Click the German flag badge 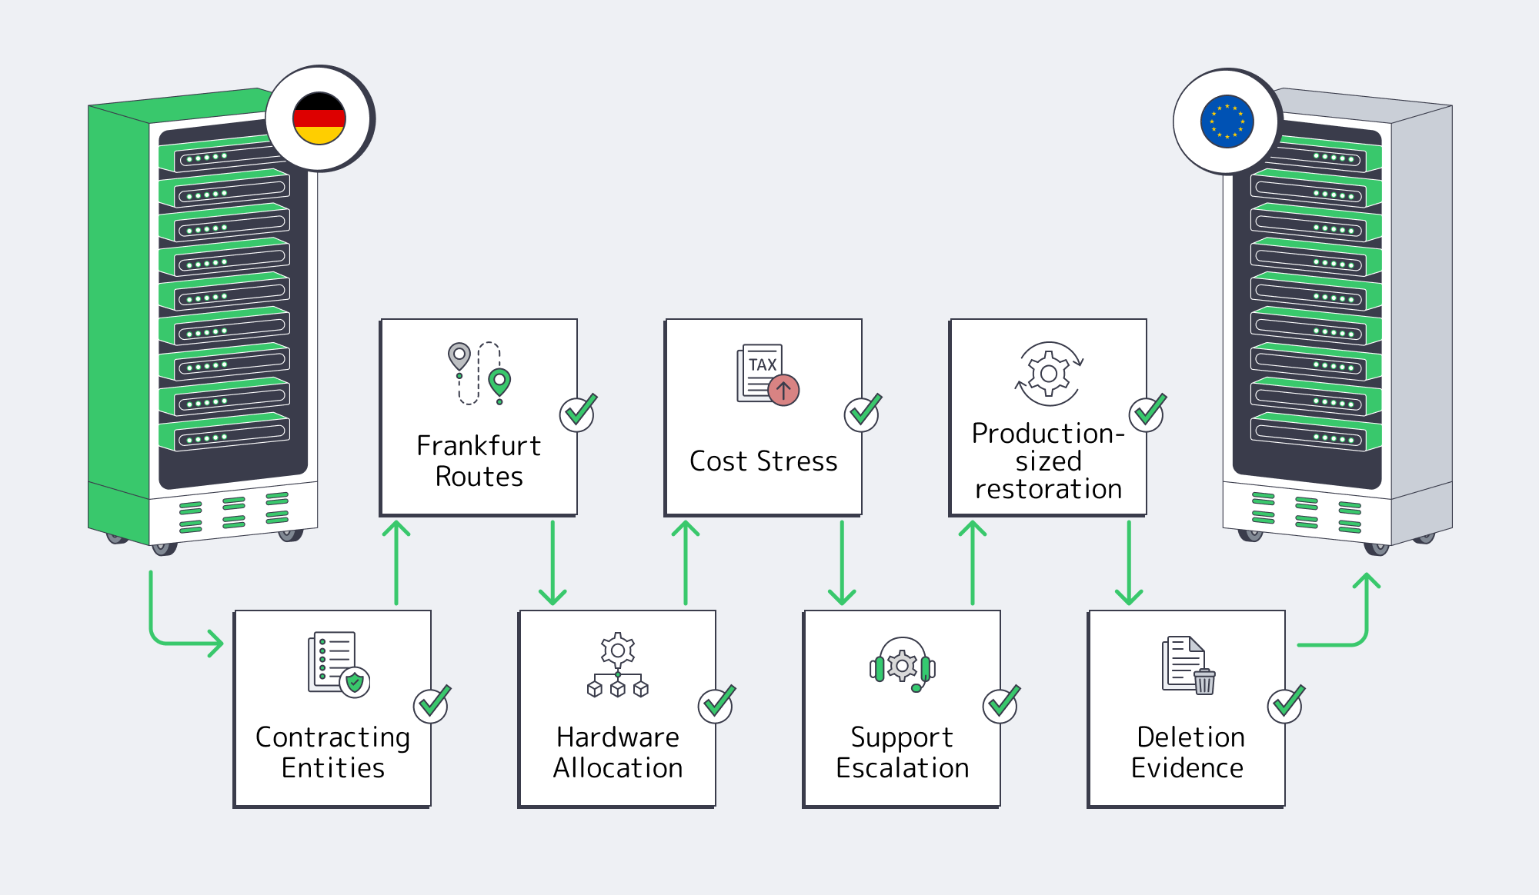pos(319,118)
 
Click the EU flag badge pos(1227,121)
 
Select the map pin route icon pos(479,373)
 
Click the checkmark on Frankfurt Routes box pos(579,412)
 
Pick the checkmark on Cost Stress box pos(863,412)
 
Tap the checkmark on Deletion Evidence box pos(1286,703)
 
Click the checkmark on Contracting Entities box pos(432,703)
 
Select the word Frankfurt pos(479,445)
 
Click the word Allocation pos(618,767)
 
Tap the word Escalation pos(903,767)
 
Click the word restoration pos(1048,489)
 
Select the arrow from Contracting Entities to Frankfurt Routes pos(396,563)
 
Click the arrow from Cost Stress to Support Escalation pos(842,563)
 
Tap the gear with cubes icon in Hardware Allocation pos(618,665)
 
